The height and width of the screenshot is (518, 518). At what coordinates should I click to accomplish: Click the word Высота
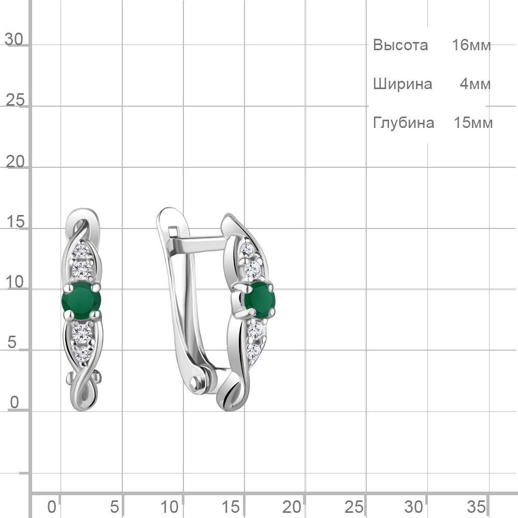click(x=400, y=45)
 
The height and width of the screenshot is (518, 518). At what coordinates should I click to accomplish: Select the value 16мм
click(x=471, y=45)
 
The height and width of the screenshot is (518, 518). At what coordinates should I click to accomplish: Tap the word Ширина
click(x=402, y=84)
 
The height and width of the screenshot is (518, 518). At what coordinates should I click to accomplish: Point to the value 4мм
click(x=476, y=84)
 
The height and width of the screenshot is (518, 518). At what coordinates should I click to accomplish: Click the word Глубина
click(x=404, y=123)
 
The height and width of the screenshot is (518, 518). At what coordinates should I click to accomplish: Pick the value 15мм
click(x=473, y=123)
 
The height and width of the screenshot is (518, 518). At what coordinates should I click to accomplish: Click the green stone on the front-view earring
click(x=81, y=300)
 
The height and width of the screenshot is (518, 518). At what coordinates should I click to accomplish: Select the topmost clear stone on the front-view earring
click(x=82, y=252)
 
